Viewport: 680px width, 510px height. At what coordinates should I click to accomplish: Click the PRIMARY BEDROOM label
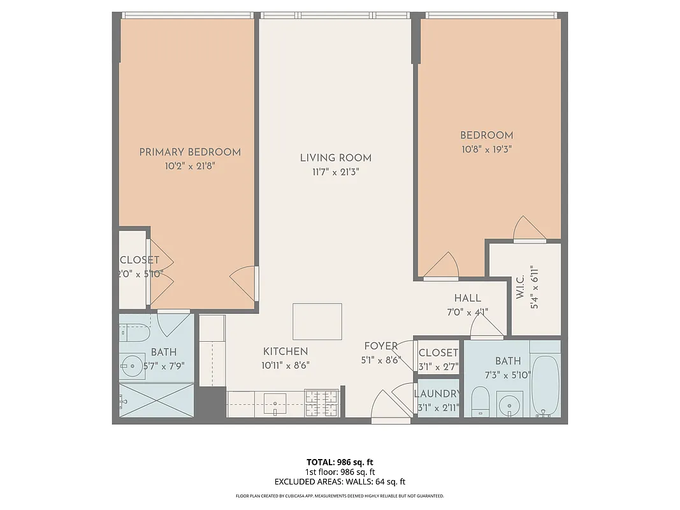[190, 152]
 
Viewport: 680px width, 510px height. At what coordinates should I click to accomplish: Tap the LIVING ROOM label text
[336, 157]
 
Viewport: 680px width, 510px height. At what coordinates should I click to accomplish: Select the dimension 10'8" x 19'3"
[486, 149]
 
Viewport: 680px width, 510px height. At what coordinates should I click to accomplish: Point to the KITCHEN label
[286, 351]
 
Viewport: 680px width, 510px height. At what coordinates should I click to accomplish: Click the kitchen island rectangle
[317, 321]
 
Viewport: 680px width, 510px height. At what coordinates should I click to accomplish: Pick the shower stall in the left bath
[156, 400]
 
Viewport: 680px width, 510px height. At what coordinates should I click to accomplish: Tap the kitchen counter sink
[276, 403]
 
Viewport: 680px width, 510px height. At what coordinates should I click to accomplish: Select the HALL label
[467, 298]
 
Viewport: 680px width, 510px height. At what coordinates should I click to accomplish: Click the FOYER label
[380, 346]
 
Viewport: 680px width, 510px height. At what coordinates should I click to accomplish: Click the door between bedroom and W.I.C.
[530, 229]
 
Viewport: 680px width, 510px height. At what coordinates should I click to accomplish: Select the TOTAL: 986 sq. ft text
[340, 462]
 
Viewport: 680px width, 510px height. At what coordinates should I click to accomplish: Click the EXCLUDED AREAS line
[340, 482]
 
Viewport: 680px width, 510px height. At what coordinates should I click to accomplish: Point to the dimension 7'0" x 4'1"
[467, 312]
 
